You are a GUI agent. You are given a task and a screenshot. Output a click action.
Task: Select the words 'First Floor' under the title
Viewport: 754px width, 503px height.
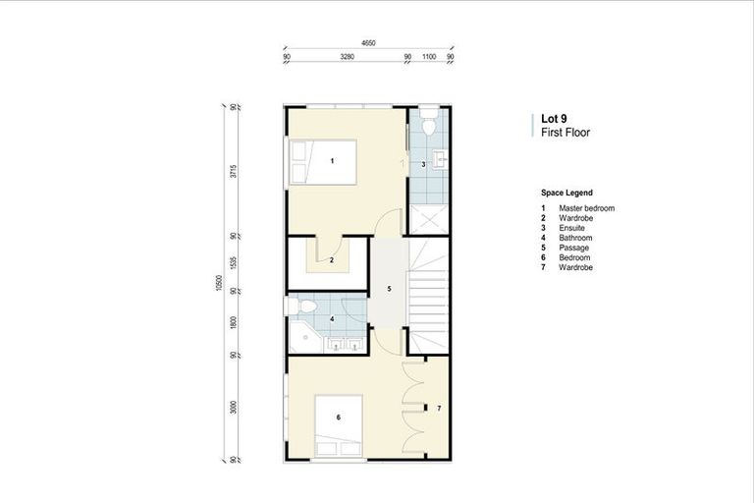pyautogui.click(x=564, y=132)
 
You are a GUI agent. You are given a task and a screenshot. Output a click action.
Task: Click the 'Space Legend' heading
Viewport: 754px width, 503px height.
pyautogui.click(x=566, y=194)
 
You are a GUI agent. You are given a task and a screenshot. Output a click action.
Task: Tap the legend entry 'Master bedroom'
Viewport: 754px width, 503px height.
pyautogui.click(x=586, y=208)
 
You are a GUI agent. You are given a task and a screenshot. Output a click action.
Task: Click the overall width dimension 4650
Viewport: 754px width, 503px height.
pyautogui.click(x=368, y=43)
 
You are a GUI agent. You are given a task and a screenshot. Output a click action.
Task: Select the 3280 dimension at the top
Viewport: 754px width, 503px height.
pyautogui.click(x=347, y=58)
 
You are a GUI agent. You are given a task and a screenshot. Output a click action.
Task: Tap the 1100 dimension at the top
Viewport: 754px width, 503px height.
pyautogui.click(x=429, y=58)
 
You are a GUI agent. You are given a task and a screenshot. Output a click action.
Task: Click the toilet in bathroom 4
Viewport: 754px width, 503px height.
pyautogui.click(x=302, y=307)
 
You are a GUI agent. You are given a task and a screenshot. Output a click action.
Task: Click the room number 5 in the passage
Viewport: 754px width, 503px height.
pyautogui.click(x=389, y=289)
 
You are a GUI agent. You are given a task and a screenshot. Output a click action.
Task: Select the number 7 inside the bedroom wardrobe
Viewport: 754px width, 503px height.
pyautogui.click(x=439, y=407)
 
